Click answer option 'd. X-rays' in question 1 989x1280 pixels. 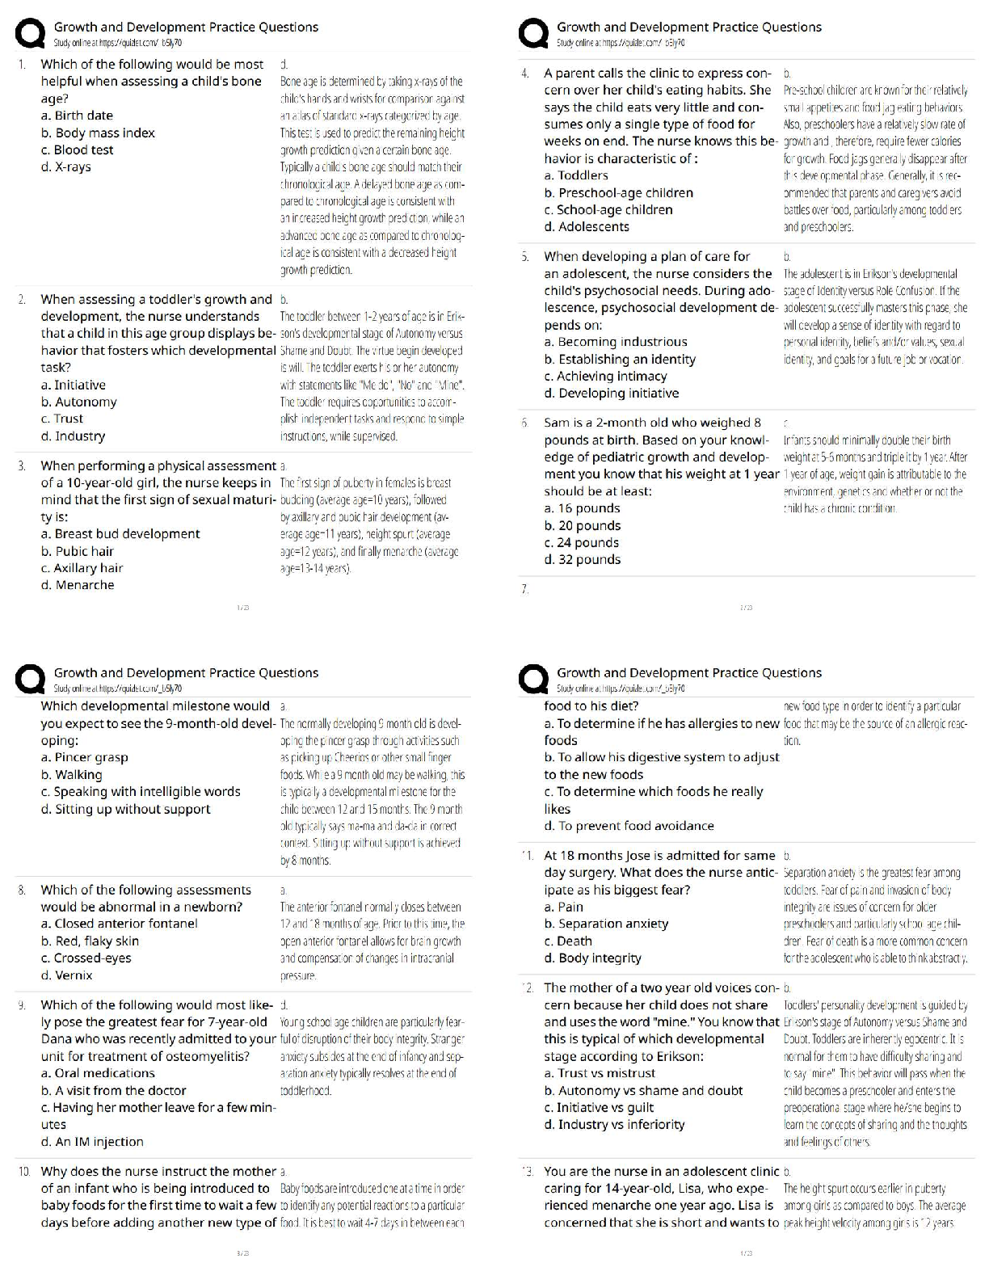pyautogui.click(x=65, y=167)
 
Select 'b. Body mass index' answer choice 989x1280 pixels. pyautogui.click(x=98, y=133)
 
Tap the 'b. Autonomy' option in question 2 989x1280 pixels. pyautogui.click(x=78, y=402)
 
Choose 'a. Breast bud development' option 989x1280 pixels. pyautogui.click(x=120, y=533)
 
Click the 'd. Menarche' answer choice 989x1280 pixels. pyautogui.click(x=78, y=584)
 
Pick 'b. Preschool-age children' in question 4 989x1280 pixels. pyautogui.click(x=618, y=192)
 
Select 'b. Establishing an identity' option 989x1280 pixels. pyautogui.click(x=620, y=359)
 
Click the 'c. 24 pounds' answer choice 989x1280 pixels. pyautogui.click(x=582, y=542)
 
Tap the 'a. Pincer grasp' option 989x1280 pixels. pyautogui.click(x=84, y=757)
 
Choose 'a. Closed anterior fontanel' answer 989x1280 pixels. pyautogui.click(x=119, y=923)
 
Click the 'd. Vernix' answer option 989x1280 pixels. pyautogui.click(x=66, y=975)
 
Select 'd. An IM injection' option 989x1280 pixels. pyautogui.click(x=92, y=1141)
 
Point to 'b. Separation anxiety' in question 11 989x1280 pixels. pyautogui.click(x=606, y=923)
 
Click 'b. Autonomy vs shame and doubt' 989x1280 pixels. pyautogui.click(x=643, y=1090)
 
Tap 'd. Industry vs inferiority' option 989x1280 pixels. pyautogui.click(x=614, y=1124)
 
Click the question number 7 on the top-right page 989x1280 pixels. pyautogui.click(x=524, y=589)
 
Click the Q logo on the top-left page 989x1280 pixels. pyautogui.click(x=30, y=34)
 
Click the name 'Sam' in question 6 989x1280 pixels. pyautogui.click(x=557, y=422)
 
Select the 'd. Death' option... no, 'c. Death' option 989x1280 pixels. pyautogui.click(x=568, y=941)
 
